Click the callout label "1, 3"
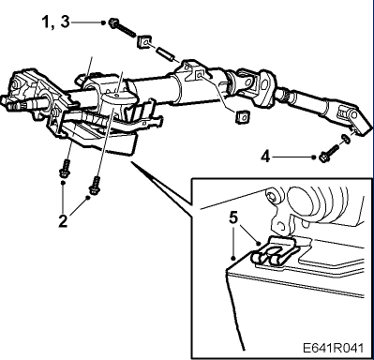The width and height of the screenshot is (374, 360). pos(56,22)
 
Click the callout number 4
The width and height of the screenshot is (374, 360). pos(265,157)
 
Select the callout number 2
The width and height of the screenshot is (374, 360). pos(63,221)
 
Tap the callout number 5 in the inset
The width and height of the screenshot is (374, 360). pos(233,217)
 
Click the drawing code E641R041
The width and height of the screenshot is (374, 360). pos(334,348)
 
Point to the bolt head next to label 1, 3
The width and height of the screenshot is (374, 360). pos(113,22)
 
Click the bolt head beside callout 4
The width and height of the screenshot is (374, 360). pos(323,157)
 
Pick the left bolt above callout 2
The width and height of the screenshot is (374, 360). pos(65,169)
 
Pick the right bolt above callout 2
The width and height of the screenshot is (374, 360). pos(95,185)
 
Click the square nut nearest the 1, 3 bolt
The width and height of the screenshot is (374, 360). pos(144,41)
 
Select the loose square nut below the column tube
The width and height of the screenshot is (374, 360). pos(242,117)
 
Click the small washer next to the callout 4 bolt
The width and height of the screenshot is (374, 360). pos(345,138)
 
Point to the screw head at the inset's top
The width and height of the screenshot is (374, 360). pos(270,195)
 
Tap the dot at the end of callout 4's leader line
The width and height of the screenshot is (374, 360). pos(314,157)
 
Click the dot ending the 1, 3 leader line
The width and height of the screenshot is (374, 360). pos(103,22)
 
